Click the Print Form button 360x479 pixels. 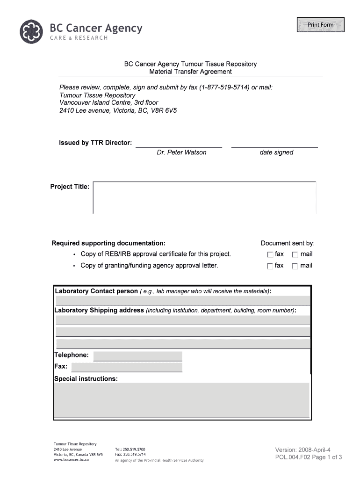[320, 25]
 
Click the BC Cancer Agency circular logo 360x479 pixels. [33, 31]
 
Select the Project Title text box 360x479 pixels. [204, 198]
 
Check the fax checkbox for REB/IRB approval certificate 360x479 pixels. [270, 255]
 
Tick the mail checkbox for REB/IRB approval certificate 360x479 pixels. [295, 255]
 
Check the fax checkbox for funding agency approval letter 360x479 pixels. [270, 266]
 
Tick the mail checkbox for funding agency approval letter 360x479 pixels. [295, 266]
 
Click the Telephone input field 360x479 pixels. [137, 356]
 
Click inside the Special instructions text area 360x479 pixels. [182, 400]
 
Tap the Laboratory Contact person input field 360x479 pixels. [182, 300]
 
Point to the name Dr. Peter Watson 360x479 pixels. [181, 152]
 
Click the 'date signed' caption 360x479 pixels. [276, 152]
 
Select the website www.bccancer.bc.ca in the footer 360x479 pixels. [71, 460]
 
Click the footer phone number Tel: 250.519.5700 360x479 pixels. [130, 450]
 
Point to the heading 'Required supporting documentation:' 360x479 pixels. [108, 243]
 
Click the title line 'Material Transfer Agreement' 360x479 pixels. [190, 72]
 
